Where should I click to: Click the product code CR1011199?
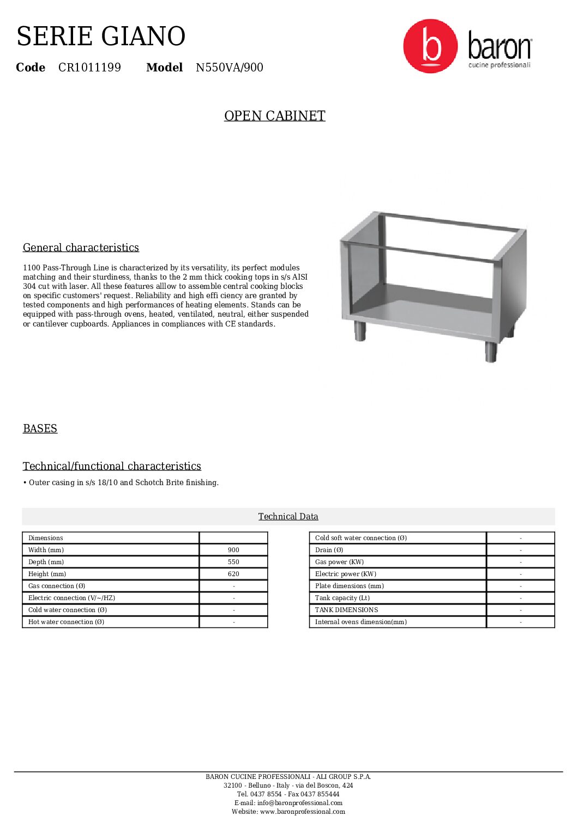(89, 68)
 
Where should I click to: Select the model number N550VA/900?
(230, 68)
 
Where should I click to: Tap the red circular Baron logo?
(430, 46)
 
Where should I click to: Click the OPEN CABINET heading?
(274, 116)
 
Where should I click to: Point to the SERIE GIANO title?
(101, 37)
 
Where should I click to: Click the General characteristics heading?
(81, 247)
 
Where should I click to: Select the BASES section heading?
(40, 428)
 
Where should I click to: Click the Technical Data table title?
(288, 516)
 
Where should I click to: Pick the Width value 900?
(233, 550)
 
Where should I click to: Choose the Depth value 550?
(233, 562)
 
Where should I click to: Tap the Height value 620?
(233, 574)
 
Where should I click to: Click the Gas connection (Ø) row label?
(57, 586)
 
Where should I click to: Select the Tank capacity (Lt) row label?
(342, 598)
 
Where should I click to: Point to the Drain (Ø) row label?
(329, 550)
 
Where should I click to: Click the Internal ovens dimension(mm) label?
(361, 622)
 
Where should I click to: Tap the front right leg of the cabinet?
(491, 352)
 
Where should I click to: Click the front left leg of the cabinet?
(360, 331)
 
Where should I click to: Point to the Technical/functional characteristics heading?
(112, 466)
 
